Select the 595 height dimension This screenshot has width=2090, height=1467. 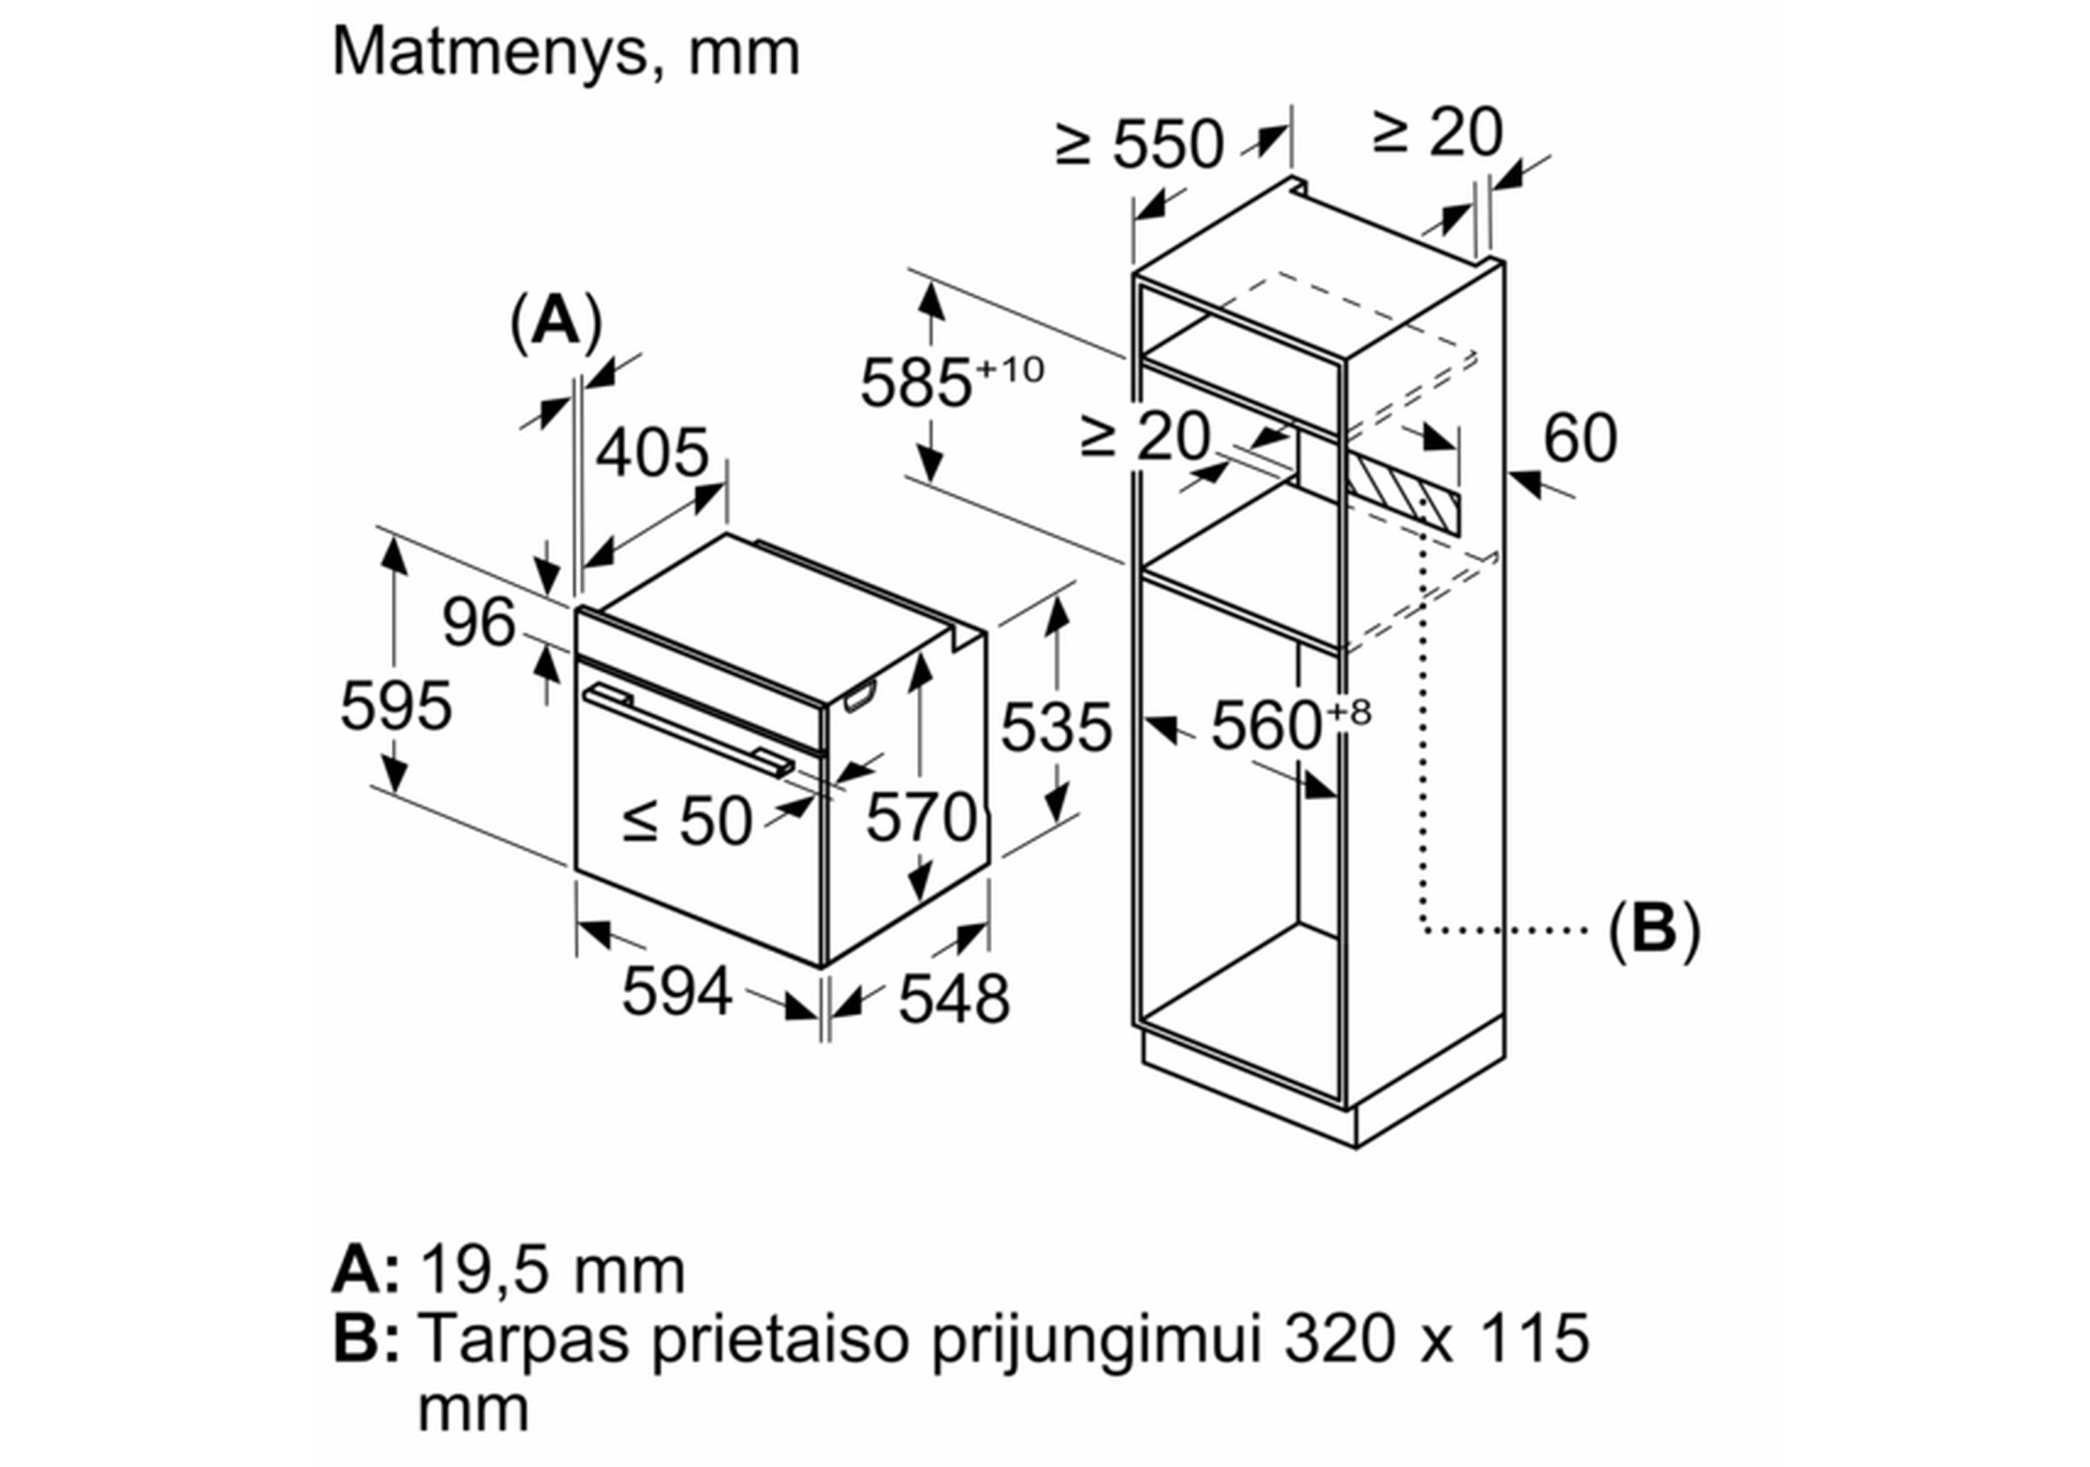tap(395, 705)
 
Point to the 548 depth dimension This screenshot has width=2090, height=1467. tap(953, 999)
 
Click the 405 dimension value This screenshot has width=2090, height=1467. tap(652, 453)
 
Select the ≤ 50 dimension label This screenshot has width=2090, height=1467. tap(687, 822)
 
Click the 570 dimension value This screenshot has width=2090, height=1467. tap(920, 817)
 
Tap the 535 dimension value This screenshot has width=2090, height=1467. tap(1056, 727)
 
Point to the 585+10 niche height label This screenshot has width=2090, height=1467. tap(950, 381)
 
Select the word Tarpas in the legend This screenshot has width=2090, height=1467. tap(525, 1340)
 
